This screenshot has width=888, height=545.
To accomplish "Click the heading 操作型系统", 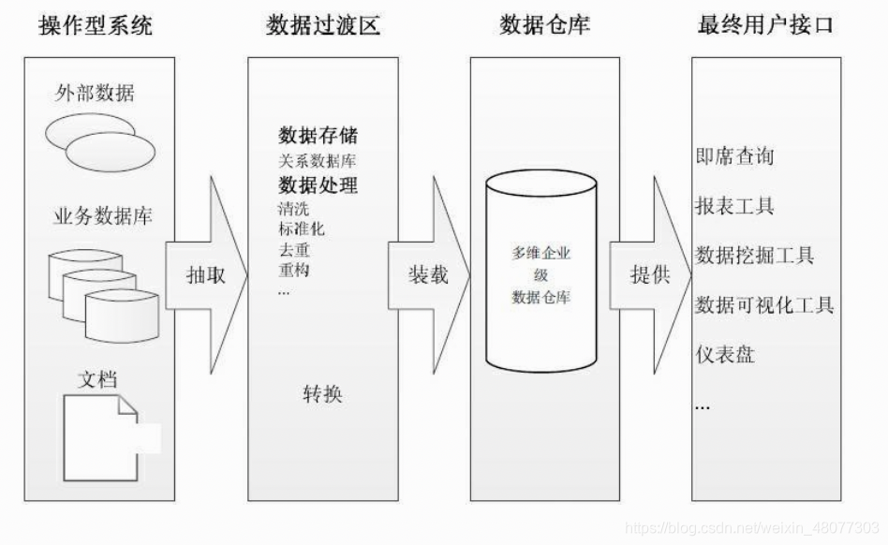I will (96, 25).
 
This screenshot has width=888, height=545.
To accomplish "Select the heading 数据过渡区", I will (323, 25).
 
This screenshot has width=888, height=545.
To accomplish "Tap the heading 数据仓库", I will (544, 25).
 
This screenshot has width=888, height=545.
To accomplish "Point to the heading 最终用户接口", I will (765, 25).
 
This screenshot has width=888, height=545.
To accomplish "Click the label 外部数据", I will (96, 94).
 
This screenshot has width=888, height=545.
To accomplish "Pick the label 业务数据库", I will (102, 216).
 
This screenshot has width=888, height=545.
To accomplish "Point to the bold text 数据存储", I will (318, 136).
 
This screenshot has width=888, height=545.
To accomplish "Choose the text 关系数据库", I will (317, 161).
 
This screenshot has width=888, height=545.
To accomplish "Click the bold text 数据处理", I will (318, 184).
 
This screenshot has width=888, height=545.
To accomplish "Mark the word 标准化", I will (301, 228).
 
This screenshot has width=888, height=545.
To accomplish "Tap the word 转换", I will (322, 394).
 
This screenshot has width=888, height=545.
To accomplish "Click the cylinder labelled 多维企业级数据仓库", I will (540, 272).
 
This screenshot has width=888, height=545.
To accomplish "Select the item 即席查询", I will (734, 155).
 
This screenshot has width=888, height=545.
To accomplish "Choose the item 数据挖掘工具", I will (754, 255).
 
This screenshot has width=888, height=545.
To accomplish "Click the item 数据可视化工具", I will (764, 304).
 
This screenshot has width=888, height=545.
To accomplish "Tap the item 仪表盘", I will (725, 355).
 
